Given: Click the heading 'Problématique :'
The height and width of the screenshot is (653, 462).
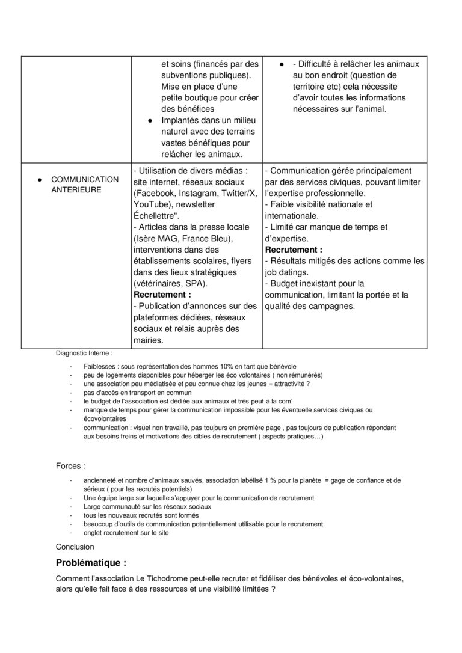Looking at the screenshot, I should point(91,563).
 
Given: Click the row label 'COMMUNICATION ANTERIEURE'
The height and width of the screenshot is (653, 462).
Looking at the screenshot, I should point(84,184).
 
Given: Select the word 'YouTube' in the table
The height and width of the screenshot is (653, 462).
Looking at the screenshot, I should point(152,204).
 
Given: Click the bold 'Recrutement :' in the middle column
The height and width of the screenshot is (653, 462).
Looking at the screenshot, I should point(162,295).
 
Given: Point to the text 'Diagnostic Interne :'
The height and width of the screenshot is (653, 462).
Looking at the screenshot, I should point(84,354).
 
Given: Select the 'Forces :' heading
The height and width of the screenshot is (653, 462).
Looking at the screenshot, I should point(70,465).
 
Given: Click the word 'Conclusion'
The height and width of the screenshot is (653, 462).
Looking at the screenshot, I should point(75,547).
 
